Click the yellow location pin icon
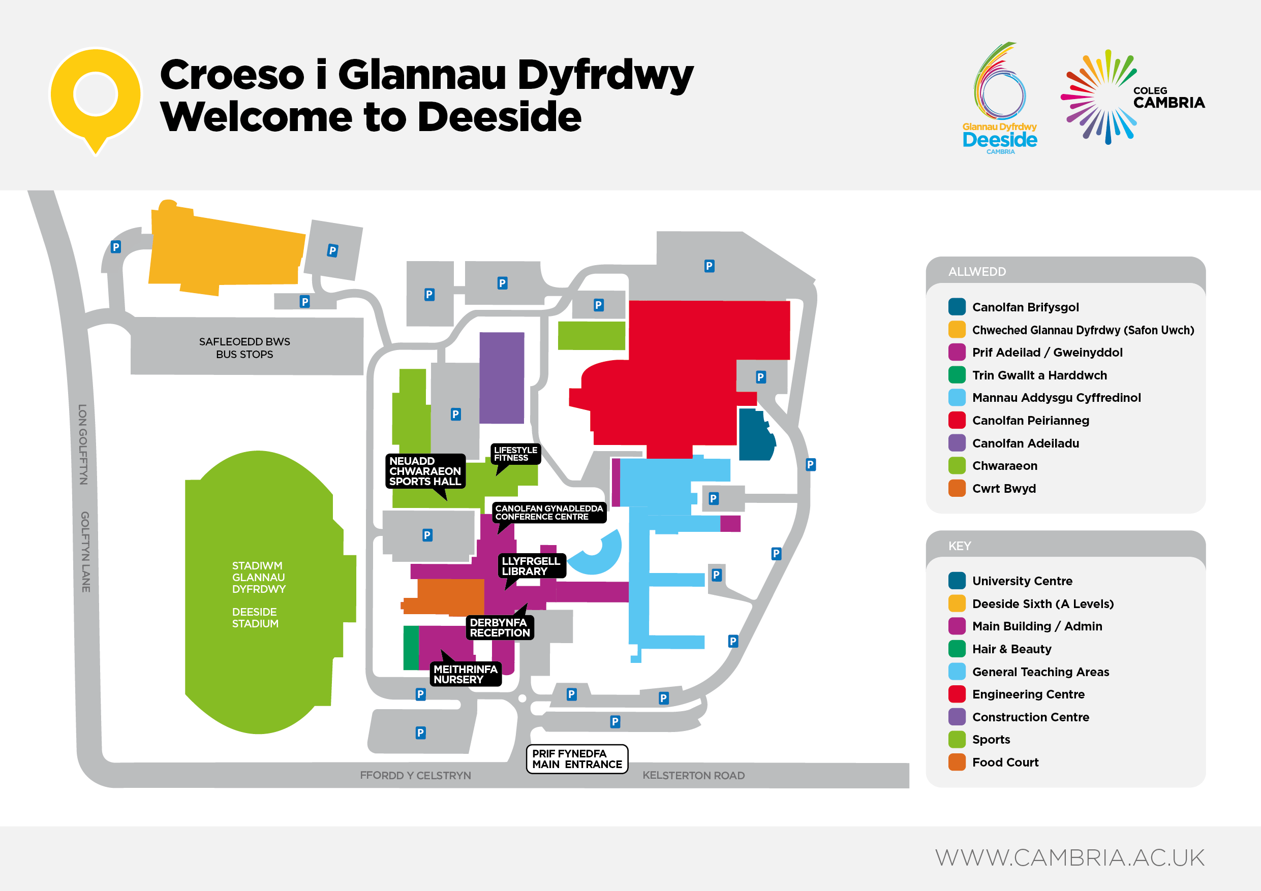pyautogui.click(x=96, y=96)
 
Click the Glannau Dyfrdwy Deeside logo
pyautogui.click(x=1000, y=99)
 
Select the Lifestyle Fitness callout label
pyautogui.click(x=515, y=454)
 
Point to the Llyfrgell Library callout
pyautogui.click(x=531, y=566)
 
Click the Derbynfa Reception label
pyautogui.click(x=499, y=627)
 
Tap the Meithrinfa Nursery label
pyautogui.click(x=465, y=674)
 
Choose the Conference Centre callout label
pyautogui.click(x=548, y=512)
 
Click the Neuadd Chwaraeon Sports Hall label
pyautogui.click(x=425, y=471)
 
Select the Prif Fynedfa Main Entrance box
pyautogui.click(x=577, y=759)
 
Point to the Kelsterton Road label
pyautogui.click(x=693, y=775)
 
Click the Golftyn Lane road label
pyautogui.click(x=85, y=552)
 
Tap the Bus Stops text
pyautogui.click(x=244, y=354)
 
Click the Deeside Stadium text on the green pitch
pyautogui.click(x=255, y=618)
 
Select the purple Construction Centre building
pyautogui.click(x=502, y=378)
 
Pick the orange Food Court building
pyautogui.click(x=448, y=597)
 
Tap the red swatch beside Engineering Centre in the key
pyautogui.click(x=957, y=694)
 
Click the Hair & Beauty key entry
pyautogui.click(x=1011, y=649)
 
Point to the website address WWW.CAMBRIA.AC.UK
pyautogui.click(x=1070, y=857)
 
